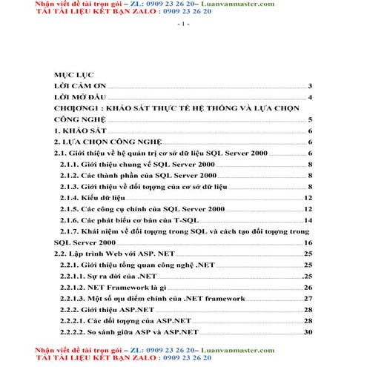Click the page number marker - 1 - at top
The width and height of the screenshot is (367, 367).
[183, 24]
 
